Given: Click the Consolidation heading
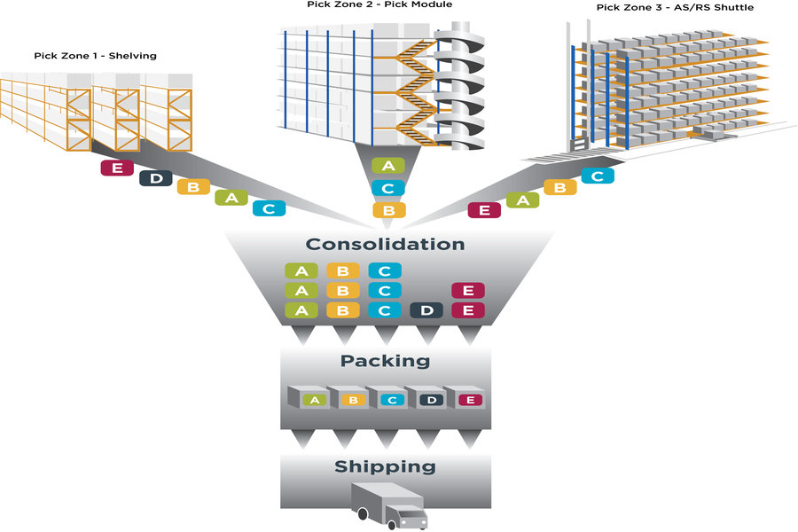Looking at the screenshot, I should coord(385,244).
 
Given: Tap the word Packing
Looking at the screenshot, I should coord(385,361).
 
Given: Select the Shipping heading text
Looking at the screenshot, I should coord(385,466).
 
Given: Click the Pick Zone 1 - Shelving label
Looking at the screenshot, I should coord(95,56).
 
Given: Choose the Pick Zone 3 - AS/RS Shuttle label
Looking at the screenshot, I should coord(676,8).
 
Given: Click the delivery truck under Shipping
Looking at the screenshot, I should coord(389,505).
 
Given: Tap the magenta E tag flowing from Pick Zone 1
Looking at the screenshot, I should coord(117,167).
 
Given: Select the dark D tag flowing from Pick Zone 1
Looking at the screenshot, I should coord(156,177).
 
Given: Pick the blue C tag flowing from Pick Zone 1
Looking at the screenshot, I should coord(269,208).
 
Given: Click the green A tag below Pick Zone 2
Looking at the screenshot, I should coord(387,166).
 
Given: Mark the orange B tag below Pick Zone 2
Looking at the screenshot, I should coord(387,210).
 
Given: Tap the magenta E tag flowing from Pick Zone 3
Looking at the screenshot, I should coord(484,210).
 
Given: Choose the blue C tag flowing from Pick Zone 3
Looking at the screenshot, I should coord(598,176).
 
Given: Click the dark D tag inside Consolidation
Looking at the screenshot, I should coord(426,310).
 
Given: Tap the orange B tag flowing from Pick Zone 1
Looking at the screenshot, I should coord(193,187).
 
